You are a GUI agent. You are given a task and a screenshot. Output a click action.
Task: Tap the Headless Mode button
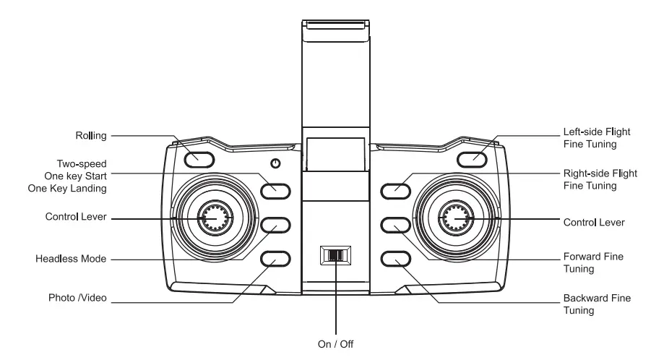(x=275, y=226)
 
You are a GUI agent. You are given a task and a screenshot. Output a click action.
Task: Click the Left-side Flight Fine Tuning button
(x=470, y=158)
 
